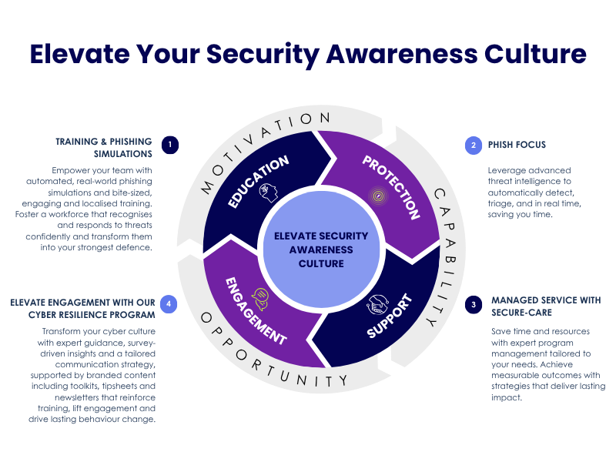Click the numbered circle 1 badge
(170, 145)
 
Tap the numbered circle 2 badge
(474, 146)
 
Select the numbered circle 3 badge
(474, 305)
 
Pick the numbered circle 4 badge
(169, 303)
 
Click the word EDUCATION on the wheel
(258, 181)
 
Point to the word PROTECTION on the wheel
(391, 186)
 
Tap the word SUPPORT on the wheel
(390, 316)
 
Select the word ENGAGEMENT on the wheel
(256, 311)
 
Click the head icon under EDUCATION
(269, 193)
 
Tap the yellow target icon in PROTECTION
(378, 196)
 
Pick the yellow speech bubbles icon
(260, 299)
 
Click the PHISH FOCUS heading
(517, 145)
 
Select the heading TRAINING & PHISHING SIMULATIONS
(104, 148)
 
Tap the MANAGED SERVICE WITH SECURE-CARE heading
(546, 306)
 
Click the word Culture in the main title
(535, 54)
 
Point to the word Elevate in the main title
(80, 54)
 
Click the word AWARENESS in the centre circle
(321, 249)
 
